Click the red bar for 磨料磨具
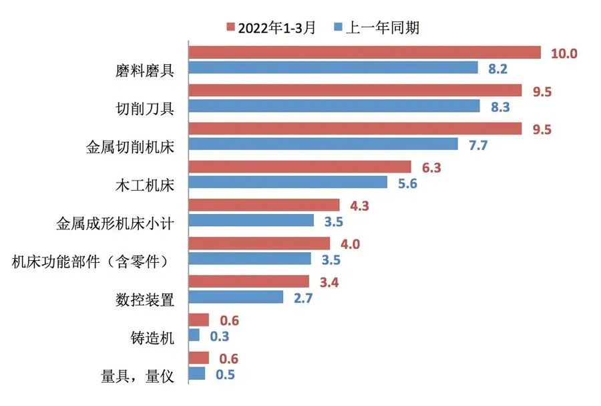(365, 52)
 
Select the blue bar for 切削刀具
(335, 106)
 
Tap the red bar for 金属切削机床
(355, 128)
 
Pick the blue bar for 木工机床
(288, 182)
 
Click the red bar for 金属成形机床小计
(264, 205)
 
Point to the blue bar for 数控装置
(236, 296)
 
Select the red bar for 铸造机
(199, 320)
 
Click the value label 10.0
(564, 54)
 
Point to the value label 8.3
(499, 106)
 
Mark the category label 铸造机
(152, 338)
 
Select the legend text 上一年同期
(383, 27)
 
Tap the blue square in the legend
(338, 27)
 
